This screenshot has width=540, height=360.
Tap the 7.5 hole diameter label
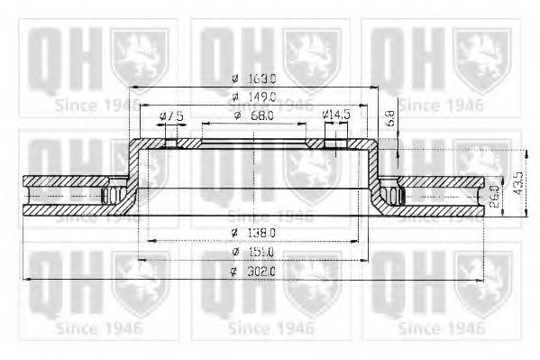point(170,116)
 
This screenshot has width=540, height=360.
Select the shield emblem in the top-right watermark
point(483,53)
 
